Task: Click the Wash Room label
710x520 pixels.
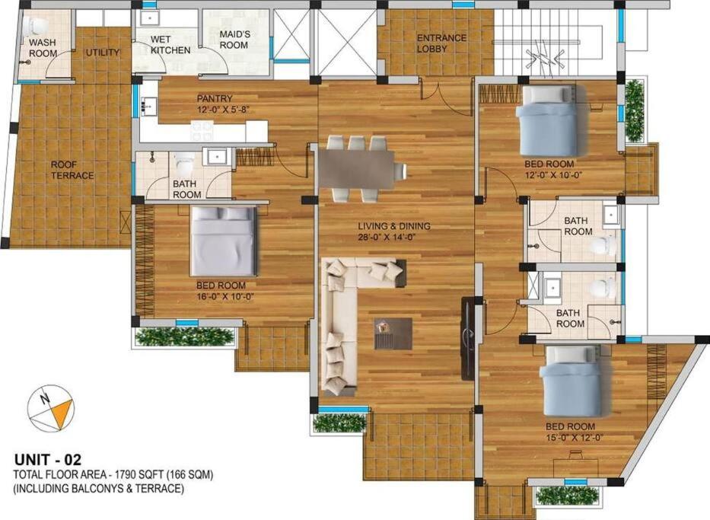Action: coord(43,47)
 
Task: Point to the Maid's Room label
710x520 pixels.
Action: coord(234,40)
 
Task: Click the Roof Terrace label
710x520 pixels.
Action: coord(72,170)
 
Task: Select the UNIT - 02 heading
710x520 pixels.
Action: coord(48,460)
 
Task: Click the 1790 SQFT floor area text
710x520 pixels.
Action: coord(140,475)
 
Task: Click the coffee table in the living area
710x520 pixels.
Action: coord(393,333)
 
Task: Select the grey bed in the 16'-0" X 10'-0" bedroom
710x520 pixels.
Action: coord(224,241)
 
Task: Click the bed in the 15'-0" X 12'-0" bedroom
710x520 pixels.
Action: coord(571,381)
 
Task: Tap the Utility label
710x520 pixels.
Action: coord(103,53)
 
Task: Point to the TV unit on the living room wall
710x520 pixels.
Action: coord(468,338)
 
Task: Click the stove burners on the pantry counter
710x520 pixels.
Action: coord(202,132)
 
